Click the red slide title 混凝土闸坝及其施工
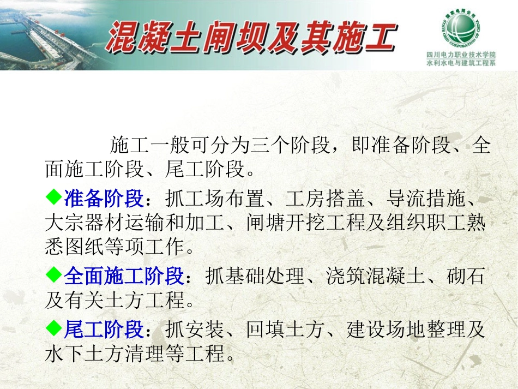pos(250,37)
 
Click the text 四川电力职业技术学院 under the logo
pos(461,55)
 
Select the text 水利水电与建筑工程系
pos(461,63)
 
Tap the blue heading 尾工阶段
pos(104,330)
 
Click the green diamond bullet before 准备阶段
pos(53,198)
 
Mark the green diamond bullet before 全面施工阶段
pos(53,275)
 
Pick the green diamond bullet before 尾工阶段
pos(53,328)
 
